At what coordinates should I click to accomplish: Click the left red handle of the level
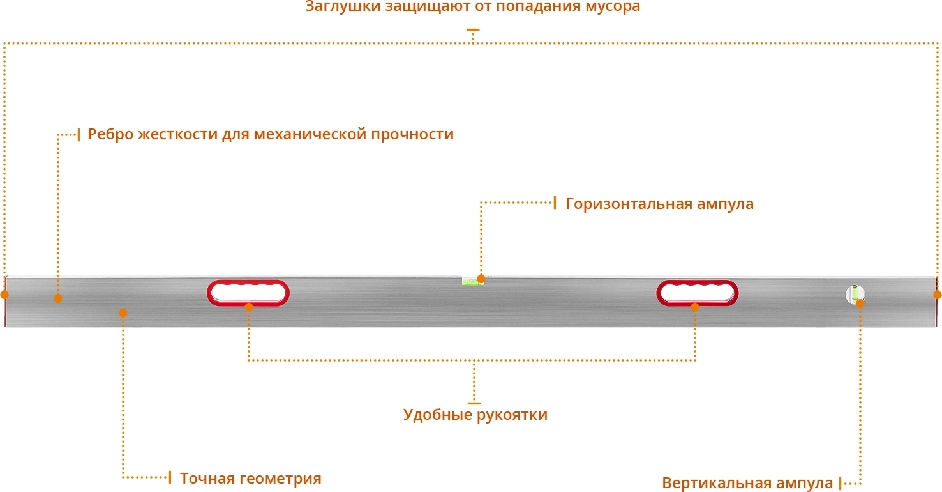point(248,293)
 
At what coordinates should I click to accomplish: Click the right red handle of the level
point(698,293)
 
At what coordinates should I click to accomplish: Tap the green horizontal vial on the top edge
point(473,281)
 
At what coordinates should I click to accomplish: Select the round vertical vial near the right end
point(855,295)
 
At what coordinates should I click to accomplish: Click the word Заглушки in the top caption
point(343,7)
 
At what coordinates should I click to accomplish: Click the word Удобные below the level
point(438,415)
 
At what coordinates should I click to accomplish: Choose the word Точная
point(206,478)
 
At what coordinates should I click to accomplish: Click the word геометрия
point(279,479)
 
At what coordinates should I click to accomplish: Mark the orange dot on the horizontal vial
point(481,279)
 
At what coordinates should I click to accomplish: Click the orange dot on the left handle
point(249,307)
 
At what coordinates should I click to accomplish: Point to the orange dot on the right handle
point(695,307)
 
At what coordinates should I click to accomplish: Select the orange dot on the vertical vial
point(860,303)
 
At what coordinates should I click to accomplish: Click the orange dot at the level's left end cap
point(4,295)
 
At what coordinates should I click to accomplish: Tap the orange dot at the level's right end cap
point(938,295)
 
